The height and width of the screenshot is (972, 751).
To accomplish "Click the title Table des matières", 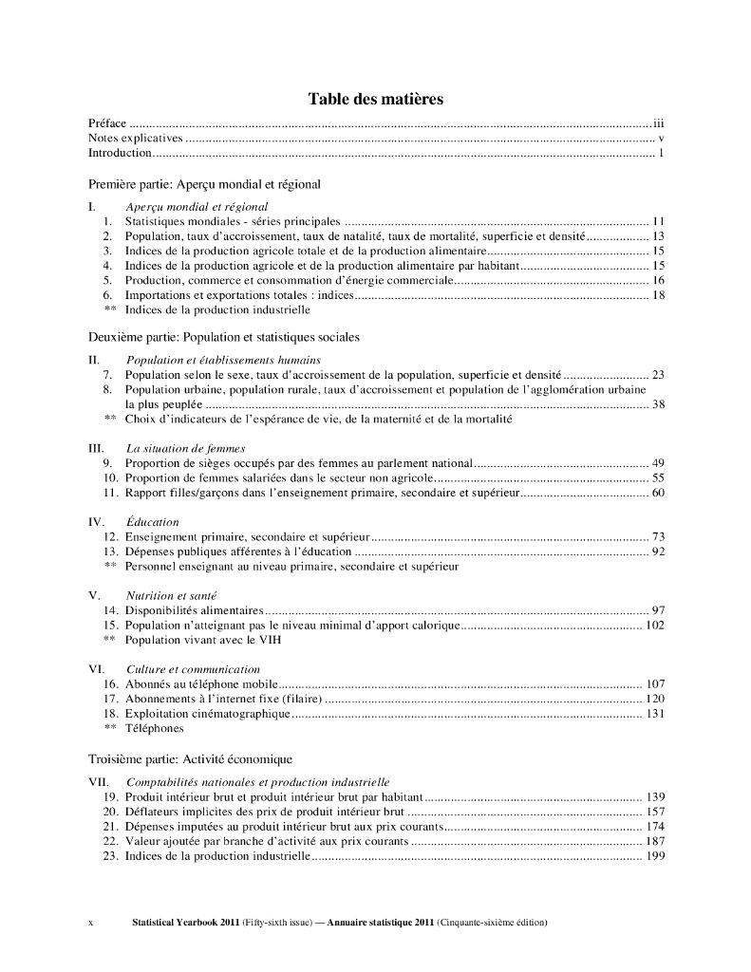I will [375, 99].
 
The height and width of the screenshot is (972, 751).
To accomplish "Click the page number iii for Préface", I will [657, 123].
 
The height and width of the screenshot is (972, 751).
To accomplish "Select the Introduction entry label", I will [120, 153].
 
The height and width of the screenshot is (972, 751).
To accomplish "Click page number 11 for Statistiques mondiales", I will [657, 220].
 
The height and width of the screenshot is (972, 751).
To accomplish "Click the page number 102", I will [654, 626].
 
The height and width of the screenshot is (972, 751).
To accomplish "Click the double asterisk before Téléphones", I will [109, 729].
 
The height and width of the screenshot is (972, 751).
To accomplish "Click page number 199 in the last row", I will [654, 856].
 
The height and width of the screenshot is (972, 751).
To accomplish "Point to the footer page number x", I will [90, 923].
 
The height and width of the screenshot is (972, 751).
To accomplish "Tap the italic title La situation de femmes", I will [185, 448].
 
